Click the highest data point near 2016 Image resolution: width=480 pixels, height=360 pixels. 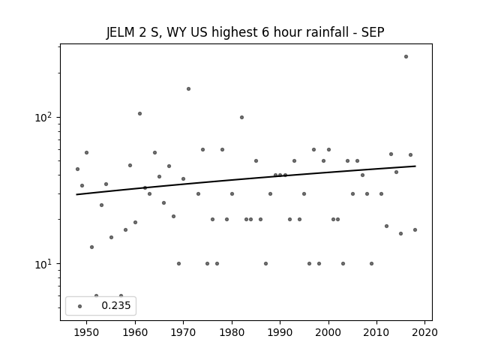coord(406,57)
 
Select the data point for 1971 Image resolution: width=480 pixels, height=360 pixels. coord(188,88)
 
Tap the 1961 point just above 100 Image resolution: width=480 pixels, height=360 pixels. coord(140,113)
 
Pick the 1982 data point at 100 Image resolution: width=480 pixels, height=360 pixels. coord(241,117)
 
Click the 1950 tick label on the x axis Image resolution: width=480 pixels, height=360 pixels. coord(87,332)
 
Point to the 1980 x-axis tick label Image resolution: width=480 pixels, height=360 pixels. coord(232,332)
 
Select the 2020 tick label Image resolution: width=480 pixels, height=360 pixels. coord(424,332)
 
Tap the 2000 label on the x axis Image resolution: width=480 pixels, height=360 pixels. coord(328,332)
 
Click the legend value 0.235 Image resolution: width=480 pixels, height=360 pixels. coord(116,305)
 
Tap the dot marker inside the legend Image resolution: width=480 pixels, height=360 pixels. coord(80,306)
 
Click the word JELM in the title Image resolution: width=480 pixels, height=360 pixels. coord(120,32)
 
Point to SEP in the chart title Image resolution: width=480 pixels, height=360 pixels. coord(373,32)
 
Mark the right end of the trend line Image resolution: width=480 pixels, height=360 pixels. coord(415,166)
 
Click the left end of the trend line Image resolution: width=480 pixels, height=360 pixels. coord(76,194)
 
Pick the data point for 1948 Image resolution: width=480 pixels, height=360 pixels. coord(77,169)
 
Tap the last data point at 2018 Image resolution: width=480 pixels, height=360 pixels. coord(415,230)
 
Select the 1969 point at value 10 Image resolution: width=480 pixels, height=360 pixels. coord(178,263)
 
